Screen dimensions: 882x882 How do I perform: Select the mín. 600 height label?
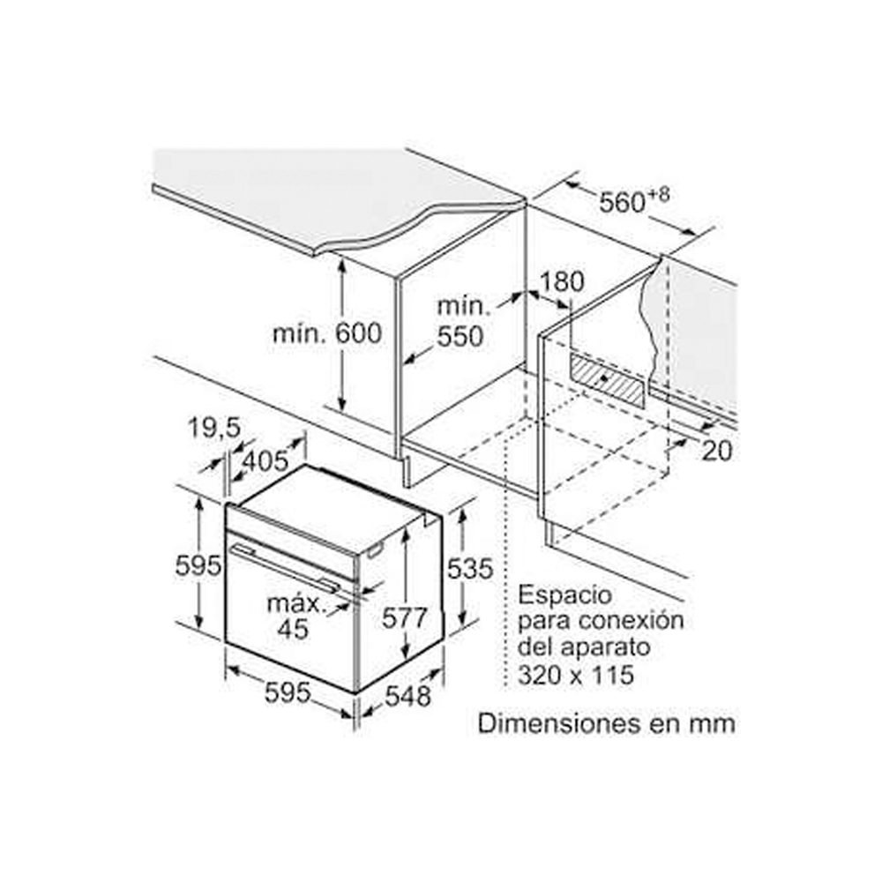pos(327,333)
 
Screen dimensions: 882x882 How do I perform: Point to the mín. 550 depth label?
pos(463,322)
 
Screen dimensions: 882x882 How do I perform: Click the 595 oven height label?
pos(198,566)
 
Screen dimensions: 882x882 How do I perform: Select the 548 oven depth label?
pos(407,696)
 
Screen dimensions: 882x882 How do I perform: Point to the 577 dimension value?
pos(405,617)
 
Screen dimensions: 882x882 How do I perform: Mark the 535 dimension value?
pos(469,569)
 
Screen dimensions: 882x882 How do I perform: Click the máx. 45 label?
pos(295,617)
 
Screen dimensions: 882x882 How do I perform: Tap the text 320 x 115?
pos(576,676)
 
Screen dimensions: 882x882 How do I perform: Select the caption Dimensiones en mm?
pos(606,724)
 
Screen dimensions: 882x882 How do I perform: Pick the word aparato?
pos(607,647)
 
